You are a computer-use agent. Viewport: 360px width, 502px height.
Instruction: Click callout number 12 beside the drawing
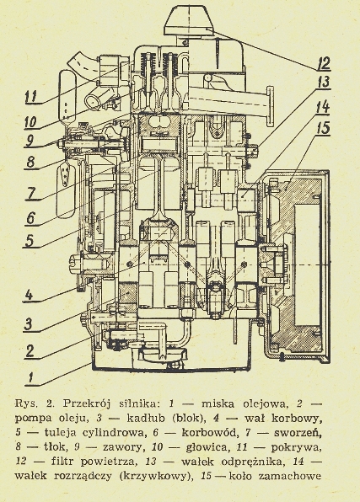click(324, 63)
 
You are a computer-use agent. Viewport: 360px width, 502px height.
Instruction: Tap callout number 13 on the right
click(324, 83)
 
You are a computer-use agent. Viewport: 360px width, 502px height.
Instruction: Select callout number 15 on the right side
click(323, 128)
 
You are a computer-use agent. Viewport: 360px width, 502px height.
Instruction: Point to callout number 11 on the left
click(31, 97)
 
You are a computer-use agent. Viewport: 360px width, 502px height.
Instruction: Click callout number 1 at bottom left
click(30, 377)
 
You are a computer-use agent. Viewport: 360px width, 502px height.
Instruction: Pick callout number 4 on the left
click(30, 295)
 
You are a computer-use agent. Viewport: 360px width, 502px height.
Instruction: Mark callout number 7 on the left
click(30, 194)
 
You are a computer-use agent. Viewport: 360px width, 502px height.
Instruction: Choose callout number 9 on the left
click(30, 141)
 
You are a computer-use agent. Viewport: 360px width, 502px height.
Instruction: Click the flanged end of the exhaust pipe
click(270, 105)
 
